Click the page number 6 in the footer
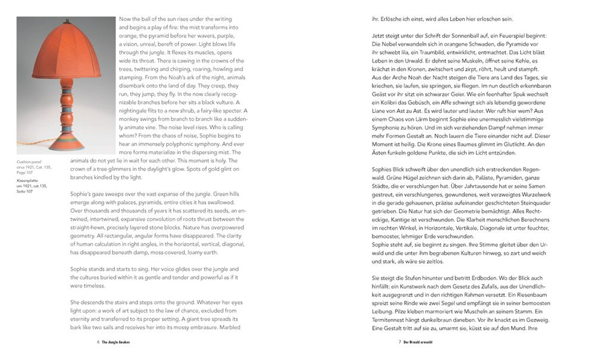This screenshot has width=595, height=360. (x=98, y=342)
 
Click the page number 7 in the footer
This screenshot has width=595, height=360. (x=399, y=342)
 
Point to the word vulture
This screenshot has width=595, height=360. (x=213, y=118)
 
